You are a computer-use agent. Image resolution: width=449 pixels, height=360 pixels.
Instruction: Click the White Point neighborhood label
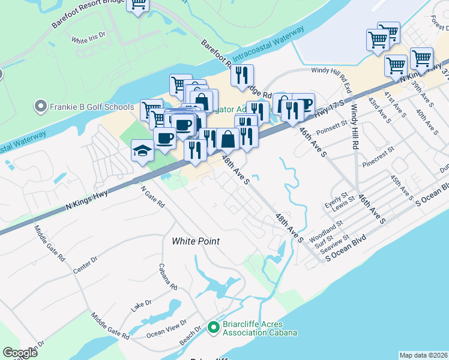(196, 241)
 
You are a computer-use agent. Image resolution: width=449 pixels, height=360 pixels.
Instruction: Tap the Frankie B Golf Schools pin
(41, 107)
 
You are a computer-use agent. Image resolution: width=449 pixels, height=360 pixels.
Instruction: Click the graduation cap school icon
(143, 151)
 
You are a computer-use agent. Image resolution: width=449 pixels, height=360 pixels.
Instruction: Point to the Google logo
(20, 353)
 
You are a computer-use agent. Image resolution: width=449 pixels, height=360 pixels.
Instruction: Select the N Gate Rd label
(152, 196)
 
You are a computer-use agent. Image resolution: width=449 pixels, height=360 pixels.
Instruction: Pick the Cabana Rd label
(169, 275)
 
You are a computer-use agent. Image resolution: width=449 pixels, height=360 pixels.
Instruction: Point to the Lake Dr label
(142, 305)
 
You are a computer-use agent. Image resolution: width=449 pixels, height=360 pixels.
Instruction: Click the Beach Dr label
(190, 337)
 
